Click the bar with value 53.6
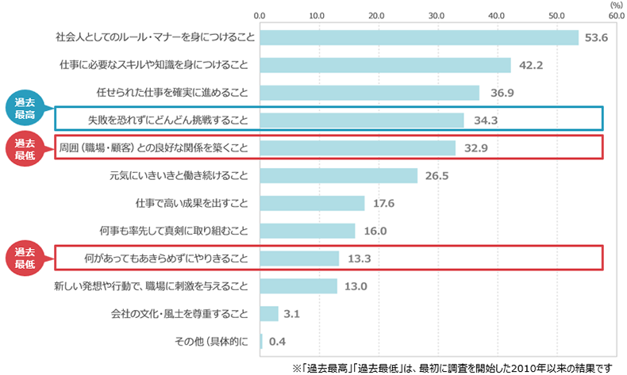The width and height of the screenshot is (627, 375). (x=419, y=37)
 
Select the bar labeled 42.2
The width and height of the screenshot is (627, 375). (x=386, y=65)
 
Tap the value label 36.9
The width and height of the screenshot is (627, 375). (x=502, y=93)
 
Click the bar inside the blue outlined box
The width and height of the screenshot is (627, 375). (x=362, y=121)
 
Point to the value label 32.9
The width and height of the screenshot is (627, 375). (x=476, y=148)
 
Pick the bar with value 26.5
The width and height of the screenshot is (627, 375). (x=339, y=176)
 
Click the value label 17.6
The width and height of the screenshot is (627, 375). (x=383, y=203)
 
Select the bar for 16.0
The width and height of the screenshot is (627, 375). (x=307, y=231)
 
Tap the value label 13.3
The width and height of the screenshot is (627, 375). (x=359, y=258)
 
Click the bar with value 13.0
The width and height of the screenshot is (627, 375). (x=298, y=286)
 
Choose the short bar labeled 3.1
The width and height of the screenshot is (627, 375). (x=269, y=314)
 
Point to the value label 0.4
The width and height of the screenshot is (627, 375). (x=277, y=342)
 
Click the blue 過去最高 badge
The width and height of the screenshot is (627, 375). (x=25, y=108)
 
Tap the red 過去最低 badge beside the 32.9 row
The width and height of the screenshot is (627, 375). (x=25, y=148)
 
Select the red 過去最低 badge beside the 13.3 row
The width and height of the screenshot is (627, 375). (x=25, y=258)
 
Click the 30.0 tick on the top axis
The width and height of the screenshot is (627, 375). (x=437, y=16)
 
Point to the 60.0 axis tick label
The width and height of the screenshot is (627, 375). (x=616, y=16)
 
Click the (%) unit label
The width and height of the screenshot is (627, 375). (x=616, y=6)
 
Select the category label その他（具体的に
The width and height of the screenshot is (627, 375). (x=212, y=342)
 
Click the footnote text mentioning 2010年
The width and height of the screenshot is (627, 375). (x=452, y=368)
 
